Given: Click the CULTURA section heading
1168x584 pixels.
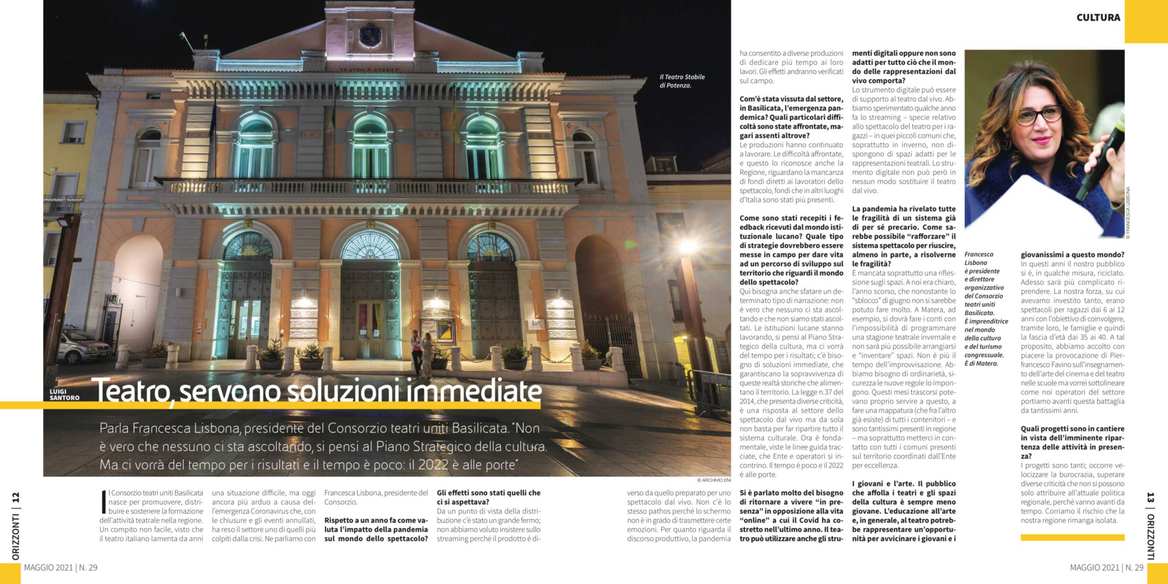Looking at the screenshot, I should tap(1098, 18).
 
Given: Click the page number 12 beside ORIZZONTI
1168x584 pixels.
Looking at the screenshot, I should tap(16, 498).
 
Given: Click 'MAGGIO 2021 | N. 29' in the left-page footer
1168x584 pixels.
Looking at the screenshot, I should tap(61, 568).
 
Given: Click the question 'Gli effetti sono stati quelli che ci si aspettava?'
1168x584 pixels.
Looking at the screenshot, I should tap(488, 498).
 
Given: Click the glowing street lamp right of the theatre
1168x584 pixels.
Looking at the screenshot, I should tap(688, 247).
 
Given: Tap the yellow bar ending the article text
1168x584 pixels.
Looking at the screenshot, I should tap(1072, 537).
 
